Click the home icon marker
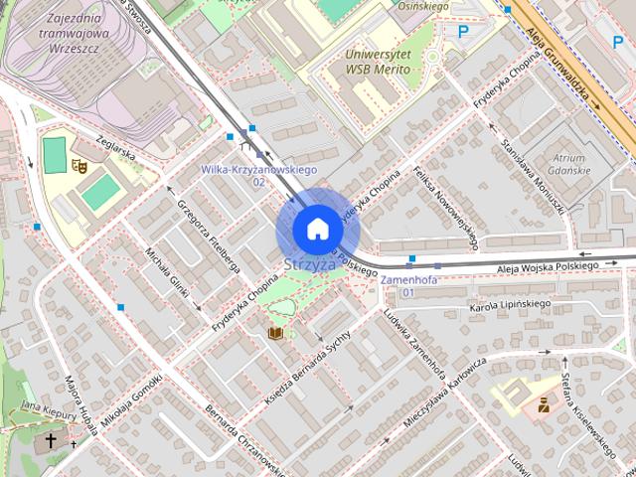coord(317,229)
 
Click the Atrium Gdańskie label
coord(570,164)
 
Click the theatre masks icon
coord(79,166)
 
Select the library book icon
coord(275,332)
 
